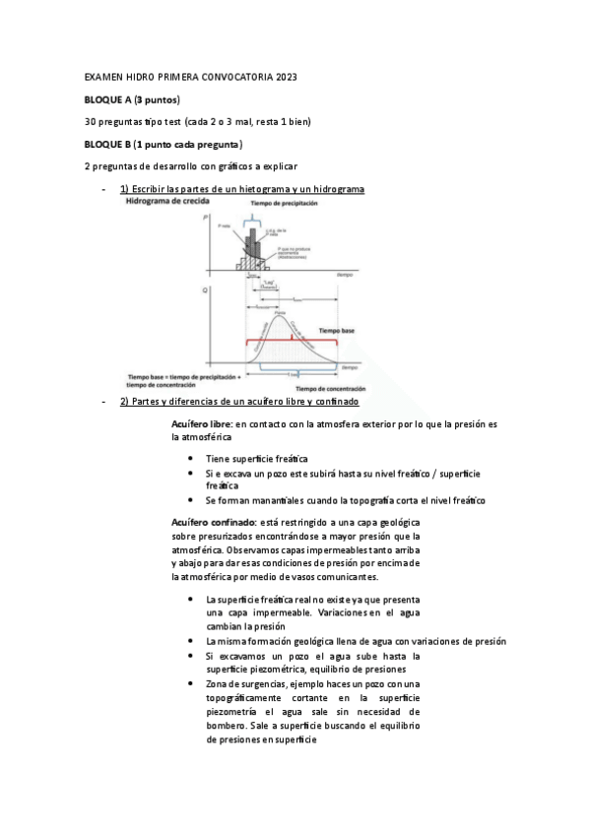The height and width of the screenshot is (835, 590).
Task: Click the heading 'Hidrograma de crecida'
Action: [x=166, y=202]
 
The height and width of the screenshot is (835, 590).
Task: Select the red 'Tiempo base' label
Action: [x=334, y=331]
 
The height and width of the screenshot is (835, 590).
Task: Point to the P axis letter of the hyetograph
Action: [x=205, y=215]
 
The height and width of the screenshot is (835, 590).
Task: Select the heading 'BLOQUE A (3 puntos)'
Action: [x=131, y=99]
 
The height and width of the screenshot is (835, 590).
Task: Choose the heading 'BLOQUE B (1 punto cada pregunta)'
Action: [x=164, y=145]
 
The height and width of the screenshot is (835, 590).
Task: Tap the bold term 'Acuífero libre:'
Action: [x=201, y=423]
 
